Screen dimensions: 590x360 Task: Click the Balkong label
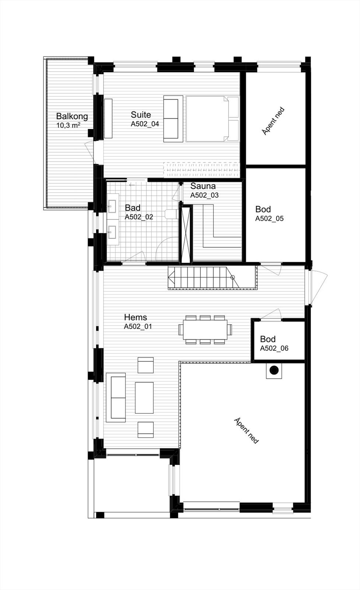click(72, 117)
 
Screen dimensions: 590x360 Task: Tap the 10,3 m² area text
click(68, 125)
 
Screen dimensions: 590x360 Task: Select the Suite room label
click(141, 115)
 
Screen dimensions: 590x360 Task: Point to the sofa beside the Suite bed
click(173, 119)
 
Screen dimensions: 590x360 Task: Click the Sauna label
click(203, 186)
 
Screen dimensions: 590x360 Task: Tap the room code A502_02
click(139, 217)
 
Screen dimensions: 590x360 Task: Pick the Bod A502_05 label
click(269, 214)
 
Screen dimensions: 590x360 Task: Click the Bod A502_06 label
click(274, 344)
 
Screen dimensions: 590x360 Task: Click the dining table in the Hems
click(205, 329)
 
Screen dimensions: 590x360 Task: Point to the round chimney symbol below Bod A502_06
click(274, 370)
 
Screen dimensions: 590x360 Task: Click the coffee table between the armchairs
click(144, 398)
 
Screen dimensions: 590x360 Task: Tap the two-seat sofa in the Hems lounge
click(116, 398)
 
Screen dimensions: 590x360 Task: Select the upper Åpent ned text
click(273, 121)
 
